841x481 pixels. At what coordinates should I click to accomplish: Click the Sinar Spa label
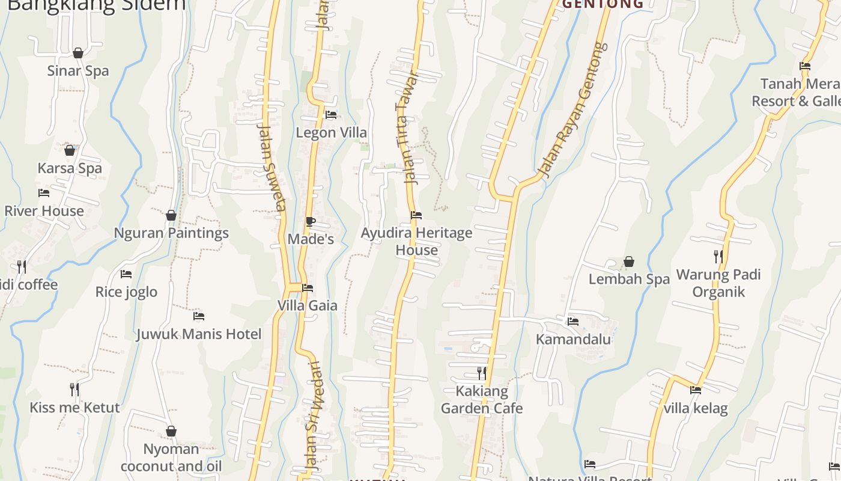[78, 71]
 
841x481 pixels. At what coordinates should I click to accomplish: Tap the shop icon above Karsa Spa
[70, 150]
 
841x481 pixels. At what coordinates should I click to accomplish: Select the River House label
[44, 211]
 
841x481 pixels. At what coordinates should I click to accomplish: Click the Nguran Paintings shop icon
[171, 215]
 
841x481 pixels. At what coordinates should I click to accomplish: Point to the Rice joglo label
[126, 292]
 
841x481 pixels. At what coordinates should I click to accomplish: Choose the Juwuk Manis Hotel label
[199, 334]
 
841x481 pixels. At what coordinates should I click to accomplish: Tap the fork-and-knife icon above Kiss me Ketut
[74, 390]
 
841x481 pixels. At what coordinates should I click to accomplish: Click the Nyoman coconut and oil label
[171, 458]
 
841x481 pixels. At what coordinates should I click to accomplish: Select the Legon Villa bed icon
[331, 114]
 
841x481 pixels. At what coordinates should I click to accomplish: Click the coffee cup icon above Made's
[311, 222]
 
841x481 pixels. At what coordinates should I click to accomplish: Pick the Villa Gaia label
[308, 305]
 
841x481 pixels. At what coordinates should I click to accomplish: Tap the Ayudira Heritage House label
[416, 241]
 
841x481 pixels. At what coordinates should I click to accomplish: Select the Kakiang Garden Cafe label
[482, 400]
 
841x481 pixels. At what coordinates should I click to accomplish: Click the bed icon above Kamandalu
[573, 322]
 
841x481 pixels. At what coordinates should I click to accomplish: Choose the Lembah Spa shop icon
[629, 262]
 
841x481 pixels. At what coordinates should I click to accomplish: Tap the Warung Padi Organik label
[718, 283]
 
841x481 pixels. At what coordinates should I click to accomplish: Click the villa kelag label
[696, 409]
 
